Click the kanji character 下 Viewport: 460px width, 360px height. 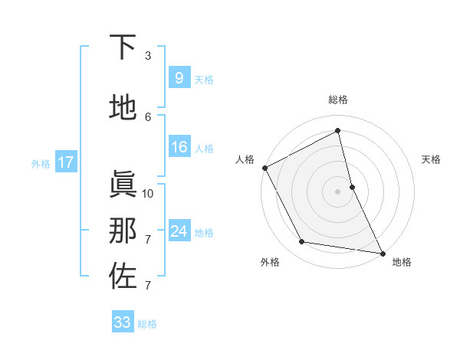[x=123, y=47]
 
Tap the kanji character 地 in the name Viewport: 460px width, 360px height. [x=123, y=108]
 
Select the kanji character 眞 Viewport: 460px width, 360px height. [x=123, y=185]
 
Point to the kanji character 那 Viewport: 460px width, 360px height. [x=123, y=231]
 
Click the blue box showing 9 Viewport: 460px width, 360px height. [x=179, y=77]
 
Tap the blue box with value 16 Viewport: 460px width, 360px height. [x=179, y=147]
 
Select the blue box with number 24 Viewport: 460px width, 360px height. [x=179, y=231]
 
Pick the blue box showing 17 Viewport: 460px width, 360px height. [x=65, y=162]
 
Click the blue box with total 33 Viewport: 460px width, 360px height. [x=123, y=322]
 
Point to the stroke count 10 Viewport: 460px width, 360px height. [x=148, y=193]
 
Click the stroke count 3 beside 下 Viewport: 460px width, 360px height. [x=148, y=56]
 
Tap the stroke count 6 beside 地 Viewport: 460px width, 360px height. [x=148, y=116]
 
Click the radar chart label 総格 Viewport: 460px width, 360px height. [x=338, y=100]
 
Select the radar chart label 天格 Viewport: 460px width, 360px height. [x=432, y=159]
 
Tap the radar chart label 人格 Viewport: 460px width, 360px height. [x=245, y=159]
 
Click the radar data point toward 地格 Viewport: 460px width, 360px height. [x=382, y=252]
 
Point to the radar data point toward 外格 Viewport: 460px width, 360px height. [x=302, y=242]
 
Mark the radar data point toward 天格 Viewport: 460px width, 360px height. [x=352, y=187]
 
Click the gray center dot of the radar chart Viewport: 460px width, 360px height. [x=338, y=191]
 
